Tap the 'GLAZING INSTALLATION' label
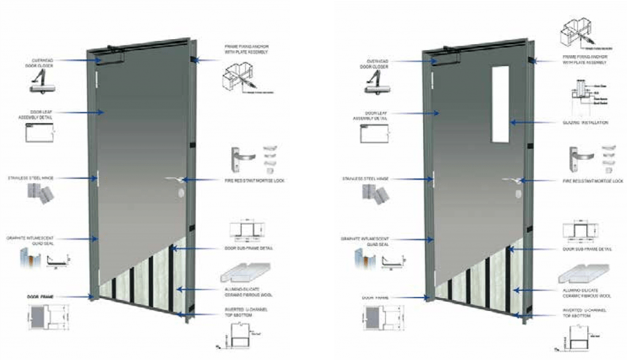585,122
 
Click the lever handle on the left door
175,179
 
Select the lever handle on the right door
512,179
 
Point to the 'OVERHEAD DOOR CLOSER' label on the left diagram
44,64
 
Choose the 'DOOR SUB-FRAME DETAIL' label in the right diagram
586,249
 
